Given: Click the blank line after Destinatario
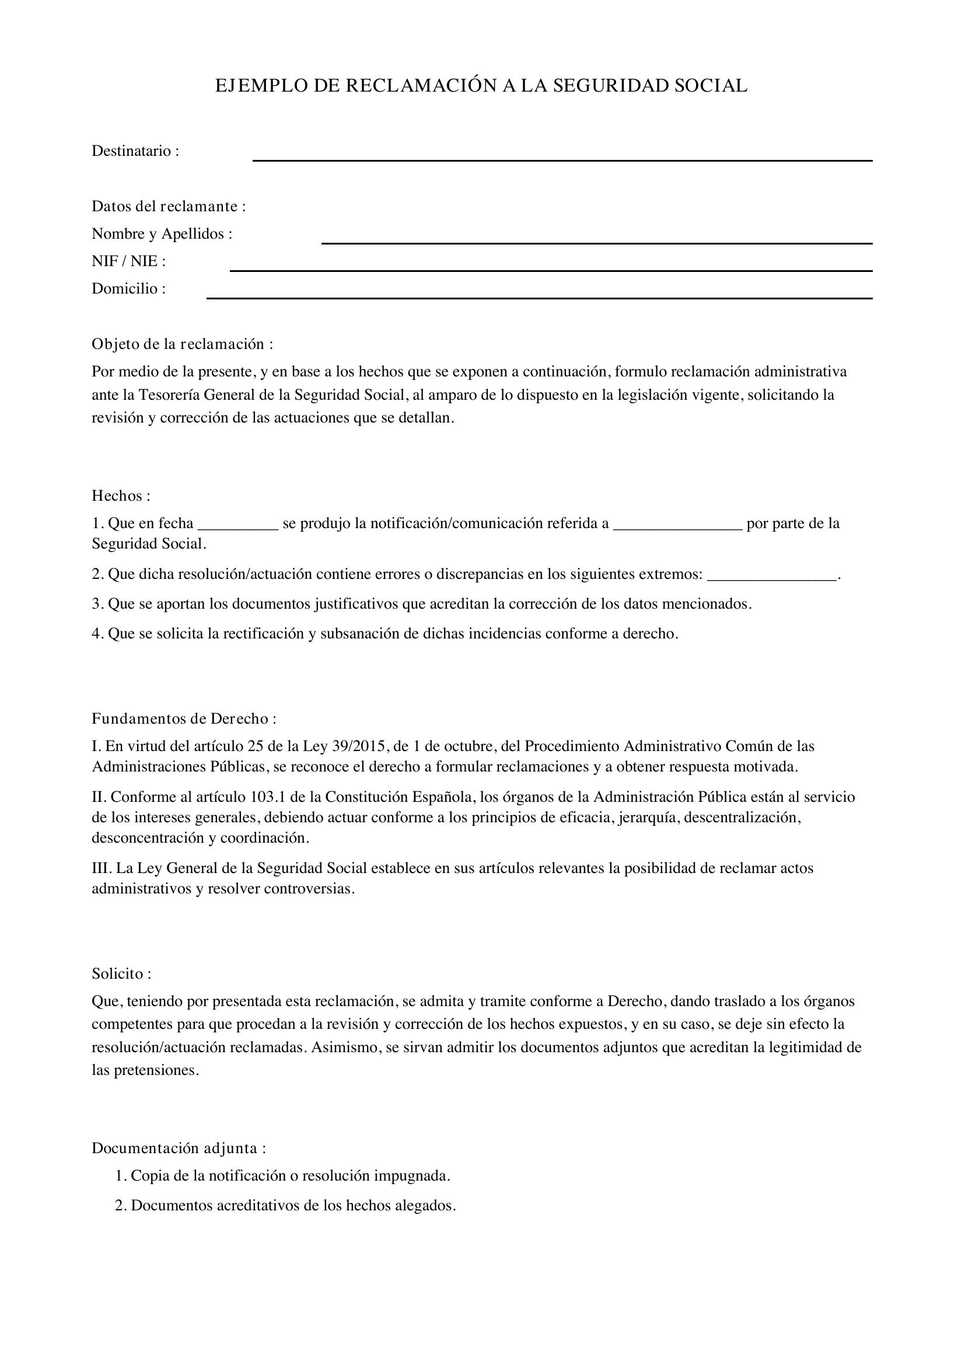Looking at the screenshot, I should point(562,159).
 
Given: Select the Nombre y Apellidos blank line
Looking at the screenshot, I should point(597,242).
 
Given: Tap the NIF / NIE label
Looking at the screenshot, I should point(128,261).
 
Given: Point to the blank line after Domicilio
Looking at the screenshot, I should point(539,297).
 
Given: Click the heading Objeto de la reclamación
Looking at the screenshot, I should point(182,344).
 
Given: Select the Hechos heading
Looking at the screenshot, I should point(121,495).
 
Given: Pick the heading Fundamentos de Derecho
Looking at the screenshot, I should point(184,719).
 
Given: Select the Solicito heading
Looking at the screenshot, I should point(121,973).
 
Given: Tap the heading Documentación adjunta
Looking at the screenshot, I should point(179,1148).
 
